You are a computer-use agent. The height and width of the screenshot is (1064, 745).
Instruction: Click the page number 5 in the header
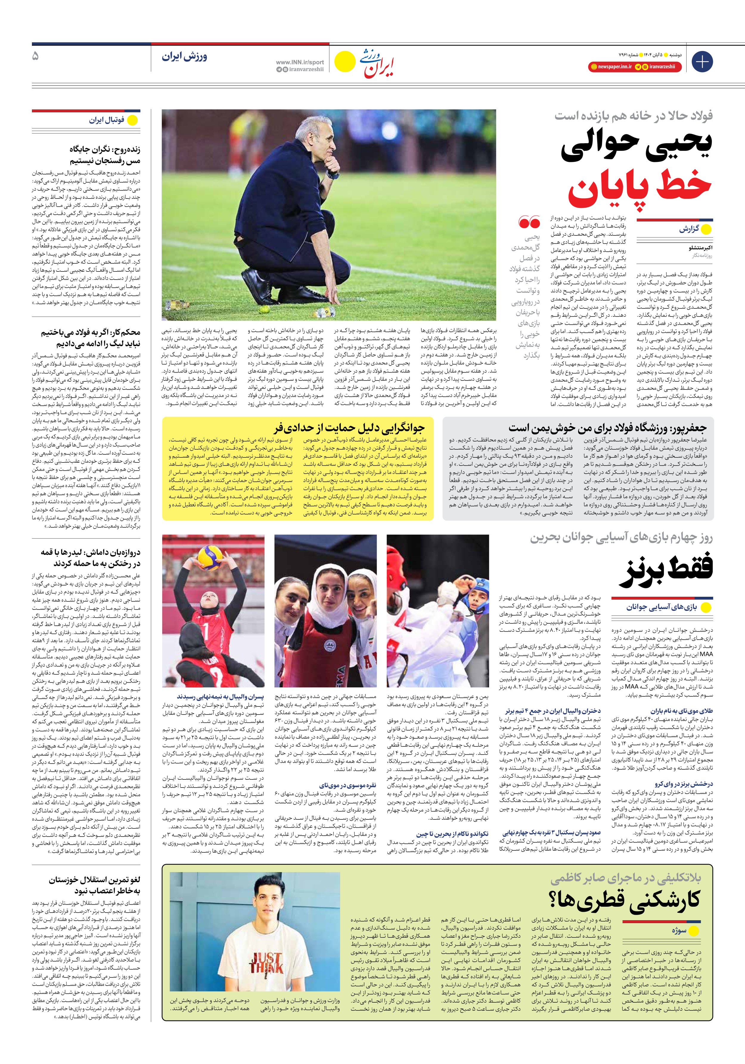click(x=36, y=57)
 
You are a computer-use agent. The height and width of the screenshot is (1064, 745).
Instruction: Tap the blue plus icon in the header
click(x=702, y=62)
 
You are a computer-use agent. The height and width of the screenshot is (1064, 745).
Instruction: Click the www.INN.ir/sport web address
click(x=299, y=62)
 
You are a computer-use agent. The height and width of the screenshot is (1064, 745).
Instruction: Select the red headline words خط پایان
click(x=640, y=187)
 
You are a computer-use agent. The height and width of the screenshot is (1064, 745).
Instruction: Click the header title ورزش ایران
click(x=184, y=57)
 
